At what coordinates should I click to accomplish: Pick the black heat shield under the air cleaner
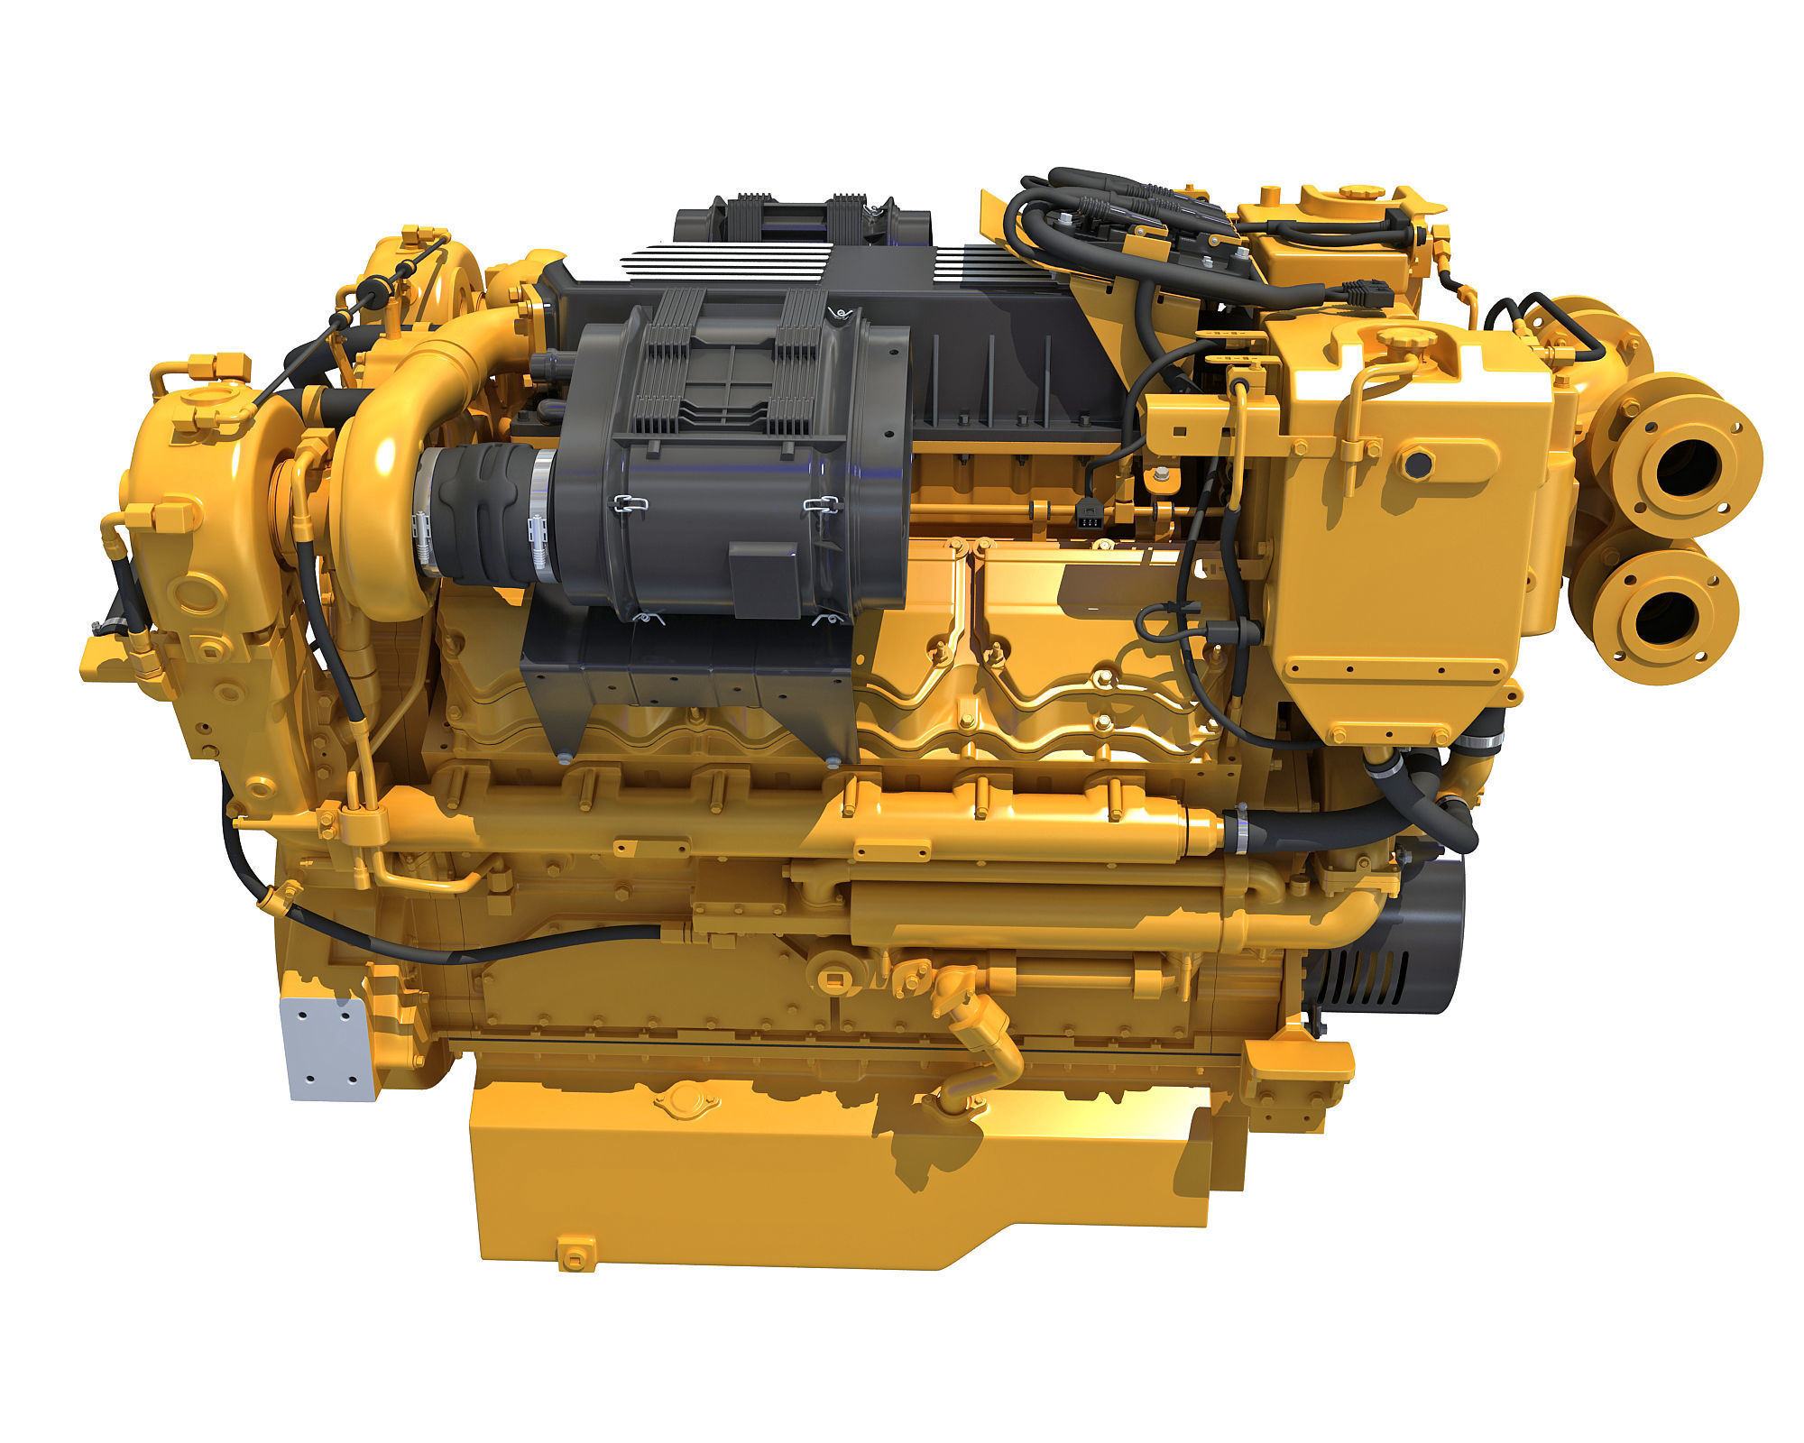coord(686,685)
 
